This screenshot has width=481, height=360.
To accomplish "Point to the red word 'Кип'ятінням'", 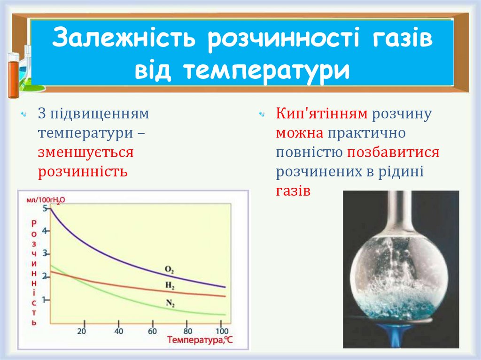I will click(321, 114).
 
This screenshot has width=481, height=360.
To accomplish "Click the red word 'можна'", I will click(299, 133).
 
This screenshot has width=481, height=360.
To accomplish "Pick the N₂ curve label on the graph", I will click(170, 303).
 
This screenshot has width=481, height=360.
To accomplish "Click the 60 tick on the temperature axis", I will click(152, 331).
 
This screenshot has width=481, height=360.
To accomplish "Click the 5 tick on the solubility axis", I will click(45, 208).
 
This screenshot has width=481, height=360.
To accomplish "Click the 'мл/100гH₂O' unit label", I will click(46, 199).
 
